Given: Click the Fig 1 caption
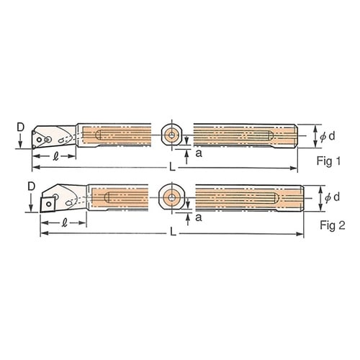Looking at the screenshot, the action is click(328, 161).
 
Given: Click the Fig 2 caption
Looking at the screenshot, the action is click(333, 225).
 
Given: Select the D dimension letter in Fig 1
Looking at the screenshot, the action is click(21, 127).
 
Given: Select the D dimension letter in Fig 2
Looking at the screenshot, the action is click(32, 186).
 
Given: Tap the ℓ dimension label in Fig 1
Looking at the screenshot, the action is click(56, 156).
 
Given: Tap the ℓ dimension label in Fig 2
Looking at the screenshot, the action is click(64, 223).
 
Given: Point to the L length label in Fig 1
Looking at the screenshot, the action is click(172, 167).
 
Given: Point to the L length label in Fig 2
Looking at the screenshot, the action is click(173, 233).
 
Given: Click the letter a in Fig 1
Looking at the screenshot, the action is click(199, 153).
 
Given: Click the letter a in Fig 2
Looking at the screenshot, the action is click(199, 217).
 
